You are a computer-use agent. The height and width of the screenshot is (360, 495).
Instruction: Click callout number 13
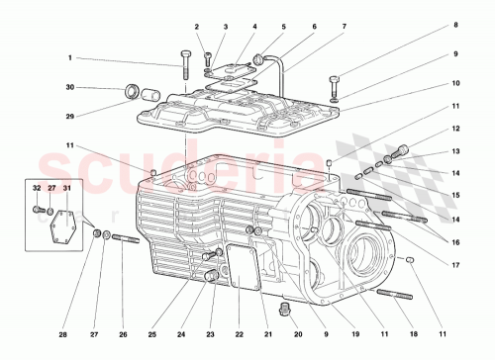click(456, 151)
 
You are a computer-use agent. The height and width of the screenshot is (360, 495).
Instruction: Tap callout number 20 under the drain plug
click(286, 334)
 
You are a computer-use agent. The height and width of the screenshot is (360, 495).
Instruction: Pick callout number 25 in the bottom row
click(152, 334)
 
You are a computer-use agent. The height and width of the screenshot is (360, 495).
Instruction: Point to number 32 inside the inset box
click(37, 188)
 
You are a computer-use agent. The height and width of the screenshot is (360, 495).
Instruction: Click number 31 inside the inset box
click(67, 188)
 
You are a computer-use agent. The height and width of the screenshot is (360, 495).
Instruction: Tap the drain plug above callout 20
click(286, 312)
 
